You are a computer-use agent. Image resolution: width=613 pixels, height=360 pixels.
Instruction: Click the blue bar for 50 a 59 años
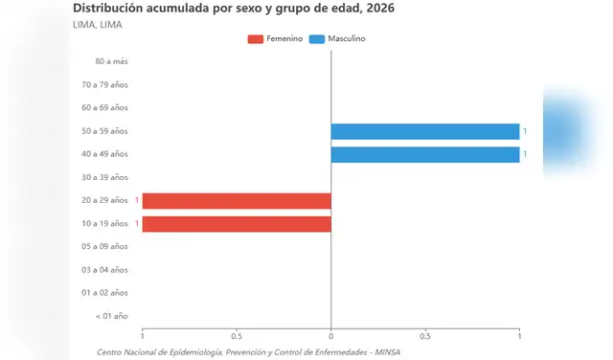pos(425,131)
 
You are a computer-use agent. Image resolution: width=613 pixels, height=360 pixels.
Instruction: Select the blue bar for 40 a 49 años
pos(425,154)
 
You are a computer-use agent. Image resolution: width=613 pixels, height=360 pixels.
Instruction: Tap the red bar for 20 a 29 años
pos(237,200)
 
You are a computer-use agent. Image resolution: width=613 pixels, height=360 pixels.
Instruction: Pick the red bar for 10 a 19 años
pos(237,224)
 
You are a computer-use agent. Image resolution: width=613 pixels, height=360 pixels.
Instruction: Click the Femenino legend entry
pos(276,38)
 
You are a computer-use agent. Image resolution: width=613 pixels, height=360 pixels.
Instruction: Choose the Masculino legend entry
pos(337,38)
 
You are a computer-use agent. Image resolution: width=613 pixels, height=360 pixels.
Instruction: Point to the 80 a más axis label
pos(111,61)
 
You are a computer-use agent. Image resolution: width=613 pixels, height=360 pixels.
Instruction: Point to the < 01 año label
pos(111,315)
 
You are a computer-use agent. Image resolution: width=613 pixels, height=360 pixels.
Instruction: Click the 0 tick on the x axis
pos(330,336)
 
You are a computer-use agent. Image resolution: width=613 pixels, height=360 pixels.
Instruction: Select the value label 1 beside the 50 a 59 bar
pos(525,131)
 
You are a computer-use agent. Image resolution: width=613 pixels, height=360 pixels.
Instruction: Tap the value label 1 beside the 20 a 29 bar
pos(137,200)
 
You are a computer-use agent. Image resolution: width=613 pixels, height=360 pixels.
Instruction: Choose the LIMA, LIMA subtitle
pos(97,24)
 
